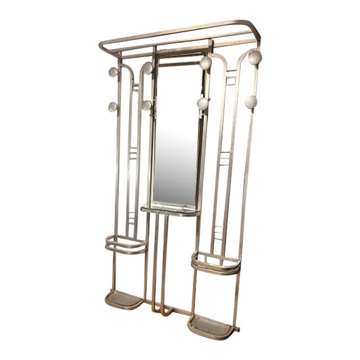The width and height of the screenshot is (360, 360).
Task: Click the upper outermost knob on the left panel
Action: click(113, 72)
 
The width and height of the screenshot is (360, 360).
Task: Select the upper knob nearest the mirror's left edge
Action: click(147, 68)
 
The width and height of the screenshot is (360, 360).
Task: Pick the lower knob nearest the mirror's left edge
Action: click(146, 105)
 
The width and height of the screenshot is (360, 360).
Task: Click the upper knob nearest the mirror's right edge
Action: click(205, 62)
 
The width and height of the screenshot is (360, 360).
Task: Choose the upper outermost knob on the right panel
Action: click(255, 57)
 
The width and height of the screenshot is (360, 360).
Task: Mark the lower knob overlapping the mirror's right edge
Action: click(202, 103)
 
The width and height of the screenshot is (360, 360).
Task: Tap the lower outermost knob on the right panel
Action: click(251, 102)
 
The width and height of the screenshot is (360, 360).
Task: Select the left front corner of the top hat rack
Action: click(102, 44)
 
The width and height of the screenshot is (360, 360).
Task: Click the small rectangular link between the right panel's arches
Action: click(231, 80)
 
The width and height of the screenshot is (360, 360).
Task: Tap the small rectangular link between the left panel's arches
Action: click(136, 88)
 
